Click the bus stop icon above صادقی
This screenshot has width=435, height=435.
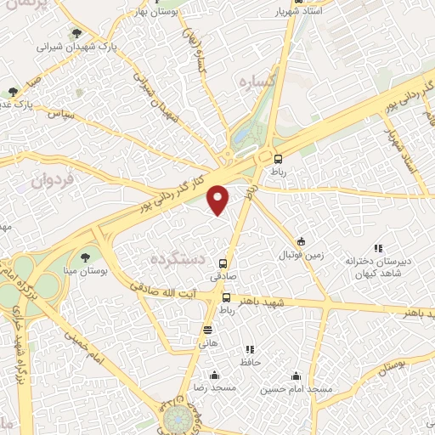pos(223,263)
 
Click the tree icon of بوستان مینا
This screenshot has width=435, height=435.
pos(85,257)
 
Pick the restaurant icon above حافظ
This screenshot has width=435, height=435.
pos(249,349)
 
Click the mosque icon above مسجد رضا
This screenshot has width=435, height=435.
pos(214,375)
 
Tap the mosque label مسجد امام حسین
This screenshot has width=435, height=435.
pos(297,388)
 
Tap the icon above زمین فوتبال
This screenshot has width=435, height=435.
pos(301,241)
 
